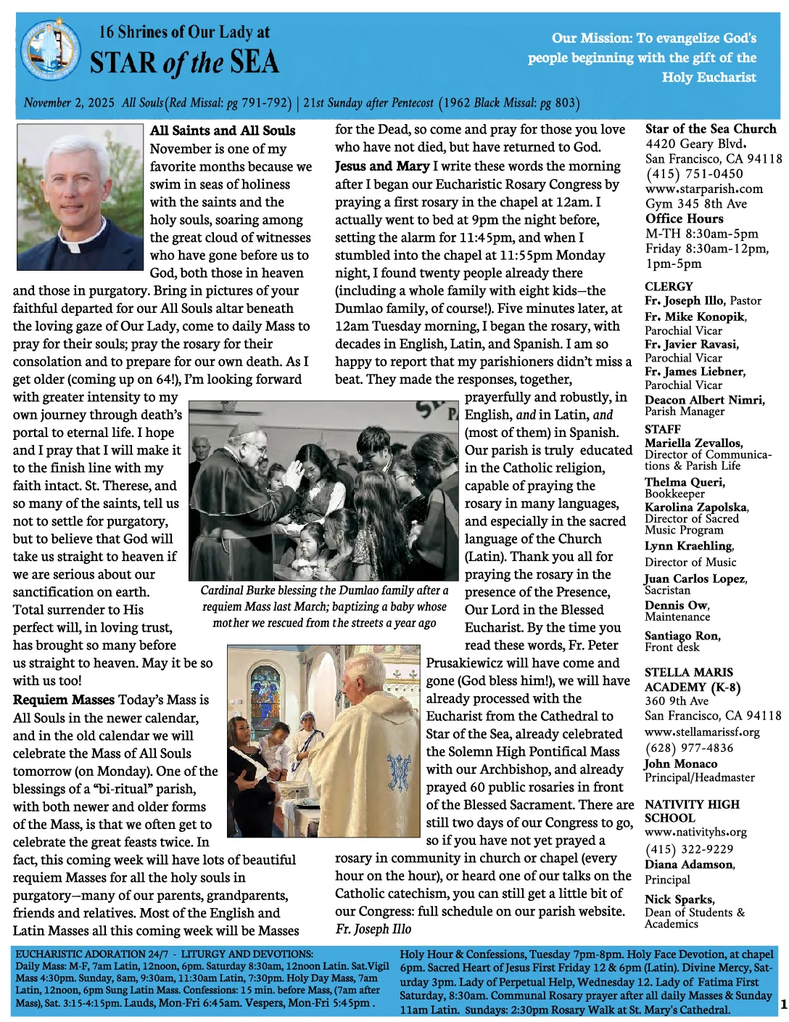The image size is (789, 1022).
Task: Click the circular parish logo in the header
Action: (51, 52)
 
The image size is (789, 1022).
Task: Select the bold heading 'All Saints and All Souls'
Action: (223, 131)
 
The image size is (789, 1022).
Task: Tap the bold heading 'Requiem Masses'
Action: (64, 700)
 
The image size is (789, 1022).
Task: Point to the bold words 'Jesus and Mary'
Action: (382, 166)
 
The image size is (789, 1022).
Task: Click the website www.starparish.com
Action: (703, 189)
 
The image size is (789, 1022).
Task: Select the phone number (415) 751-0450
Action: (694, 173)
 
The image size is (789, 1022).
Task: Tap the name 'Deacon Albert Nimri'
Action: (704, 400)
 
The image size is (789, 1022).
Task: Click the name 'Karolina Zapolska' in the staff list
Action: (696, 507)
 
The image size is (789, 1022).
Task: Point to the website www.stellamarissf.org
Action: (702, 732)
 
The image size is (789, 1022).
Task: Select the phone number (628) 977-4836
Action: (688, 748)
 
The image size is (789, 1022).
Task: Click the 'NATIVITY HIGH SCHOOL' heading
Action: (692, 811)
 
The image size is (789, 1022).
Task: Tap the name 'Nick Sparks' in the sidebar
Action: (679, 899)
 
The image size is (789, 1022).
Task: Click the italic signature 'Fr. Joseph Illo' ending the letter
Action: (373, 929)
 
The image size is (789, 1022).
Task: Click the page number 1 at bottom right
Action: (783, 1005)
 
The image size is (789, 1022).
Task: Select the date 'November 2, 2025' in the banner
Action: (69, 102)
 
